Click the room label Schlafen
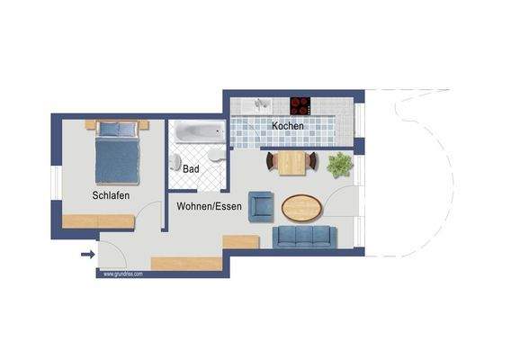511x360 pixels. (109, 195)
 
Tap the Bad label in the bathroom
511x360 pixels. (191, 168)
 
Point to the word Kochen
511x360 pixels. (288, 126)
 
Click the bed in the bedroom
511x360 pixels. (118, 152)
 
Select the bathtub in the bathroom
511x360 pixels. (199, 131)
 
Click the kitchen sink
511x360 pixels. (262, 104)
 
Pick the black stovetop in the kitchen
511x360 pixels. (300, 104)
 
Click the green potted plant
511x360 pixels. (340, 165)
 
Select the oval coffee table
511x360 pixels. (301, 208)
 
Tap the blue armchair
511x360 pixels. (261, 206)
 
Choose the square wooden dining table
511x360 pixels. (291, 163)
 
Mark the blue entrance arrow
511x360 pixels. (87, 255)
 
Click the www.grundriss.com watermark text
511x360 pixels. (123, 273)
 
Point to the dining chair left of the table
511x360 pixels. (271, 162)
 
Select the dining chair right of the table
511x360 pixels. (311, 162)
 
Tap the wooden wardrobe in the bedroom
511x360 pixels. (98, 221)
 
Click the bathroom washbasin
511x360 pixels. (215, 157)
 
